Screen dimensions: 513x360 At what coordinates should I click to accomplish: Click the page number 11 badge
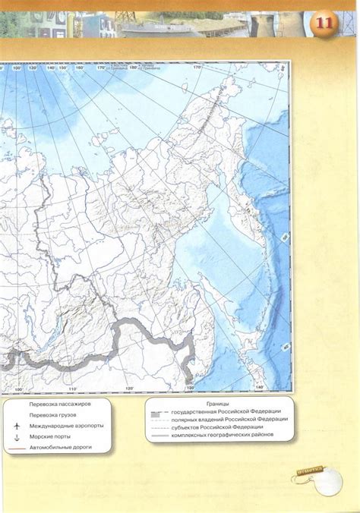point(326,23)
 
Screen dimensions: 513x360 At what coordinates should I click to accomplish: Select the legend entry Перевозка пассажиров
point(58,404)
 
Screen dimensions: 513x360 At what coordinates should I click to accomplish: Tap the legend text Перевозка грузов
point(52,415)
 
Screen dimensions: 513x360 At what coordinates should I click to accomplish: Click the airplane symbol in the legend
point(16,426)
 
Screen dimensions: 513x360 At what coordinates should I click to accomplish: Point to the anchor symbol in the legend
point(16,438)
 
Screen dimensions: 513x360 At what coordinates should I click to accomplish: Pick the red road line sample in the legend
point(15,448)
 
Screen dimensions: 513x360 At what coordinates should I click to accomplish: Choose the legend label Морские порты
point(51,438)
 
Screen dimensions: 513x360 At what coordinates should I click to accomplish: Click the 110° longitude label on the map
point(73,389)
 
